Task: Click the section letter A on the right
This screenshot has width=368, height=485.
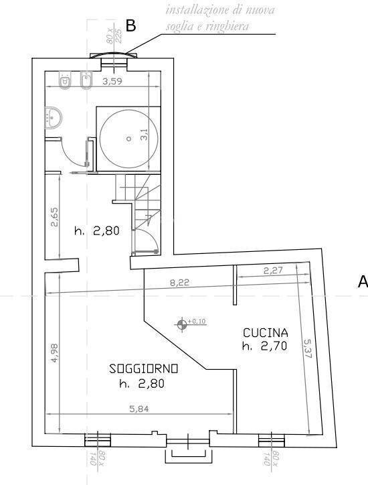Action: click(363, 282)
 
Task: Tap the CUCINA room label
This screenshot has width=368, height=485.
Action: click(265, 333)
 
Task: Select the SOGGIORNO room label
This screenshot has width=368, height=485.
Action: click(143, 368)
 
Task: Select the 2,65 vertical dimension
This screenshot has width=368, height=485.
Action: click(55, 218)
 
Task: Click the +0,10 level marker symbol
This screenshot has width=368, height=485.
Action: click(182, 325)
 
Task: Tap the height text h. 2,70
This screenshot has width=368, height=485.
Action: click(265, 346)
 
